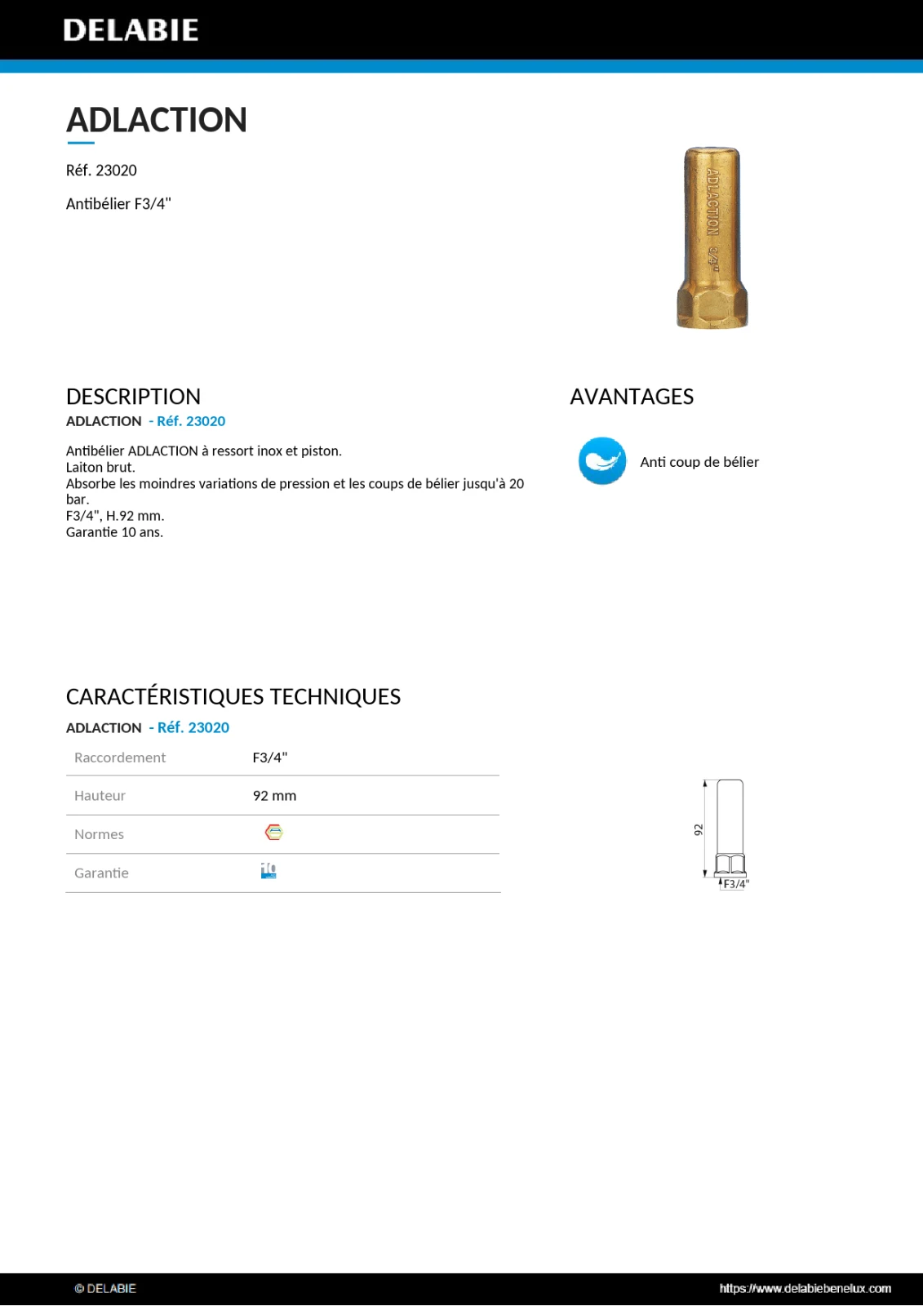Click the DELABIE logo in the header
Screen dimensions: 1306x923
[131, 30]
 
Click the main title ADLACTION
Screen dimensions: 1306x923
[156, 120]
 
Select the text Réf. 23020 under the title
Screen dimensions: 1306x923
[101, 171]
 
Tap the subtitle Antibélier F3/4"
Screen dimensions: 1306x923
[118, 204]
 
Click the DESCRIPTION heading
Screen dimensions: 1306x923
[133, 397]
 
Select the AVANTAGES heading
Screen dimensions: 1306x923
[632, 397]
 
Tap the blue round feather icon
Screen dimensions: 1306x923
[602, 461]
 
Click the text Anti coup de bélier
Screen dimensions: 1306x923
[699, 462]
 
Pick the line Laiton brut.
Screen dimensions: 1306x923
[100, 468]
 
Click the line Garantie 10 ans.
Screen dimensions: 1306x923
[114, 532]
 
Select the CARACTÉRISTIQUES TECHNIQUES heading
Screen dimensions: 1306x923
[233, 696]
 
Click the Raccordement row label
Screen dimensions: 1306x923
[120, 757]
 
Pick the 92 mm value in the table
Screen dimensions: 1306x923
[274, 796]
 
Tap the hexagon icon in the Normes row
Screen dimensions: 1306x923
[274, 833]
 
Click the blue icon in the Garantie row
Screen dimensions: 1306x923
[268, 871]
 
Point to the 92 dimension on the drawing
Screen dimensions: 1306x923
[699, 829]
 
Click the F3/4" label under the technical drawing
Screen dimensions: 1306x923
[735, 884]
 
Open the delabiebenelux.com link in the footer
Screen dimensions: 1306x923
[805, 1288]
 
